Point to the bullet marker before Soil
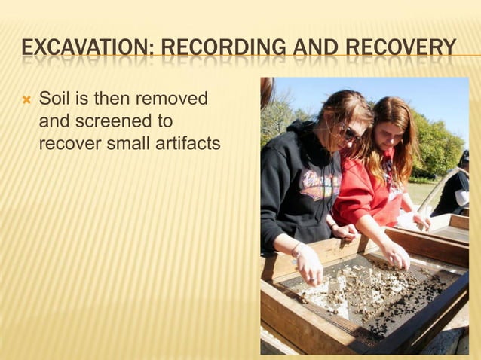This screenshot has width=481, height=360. (x=26, y=99)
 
